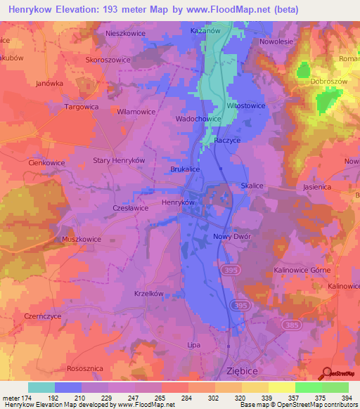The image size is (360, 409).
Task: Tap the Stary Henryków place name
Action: [119, 160]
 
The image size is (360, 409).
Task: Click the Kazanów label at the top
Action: [206, 32]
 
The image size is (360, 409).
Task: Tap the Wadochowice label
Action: [198, 119]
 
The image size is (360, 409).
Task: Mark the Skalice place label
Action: [252, 186]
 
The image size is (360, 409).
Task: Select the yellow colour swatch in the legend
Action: [281, 387]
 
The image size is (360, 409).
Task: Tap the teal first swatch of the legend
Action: [41, 387]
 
